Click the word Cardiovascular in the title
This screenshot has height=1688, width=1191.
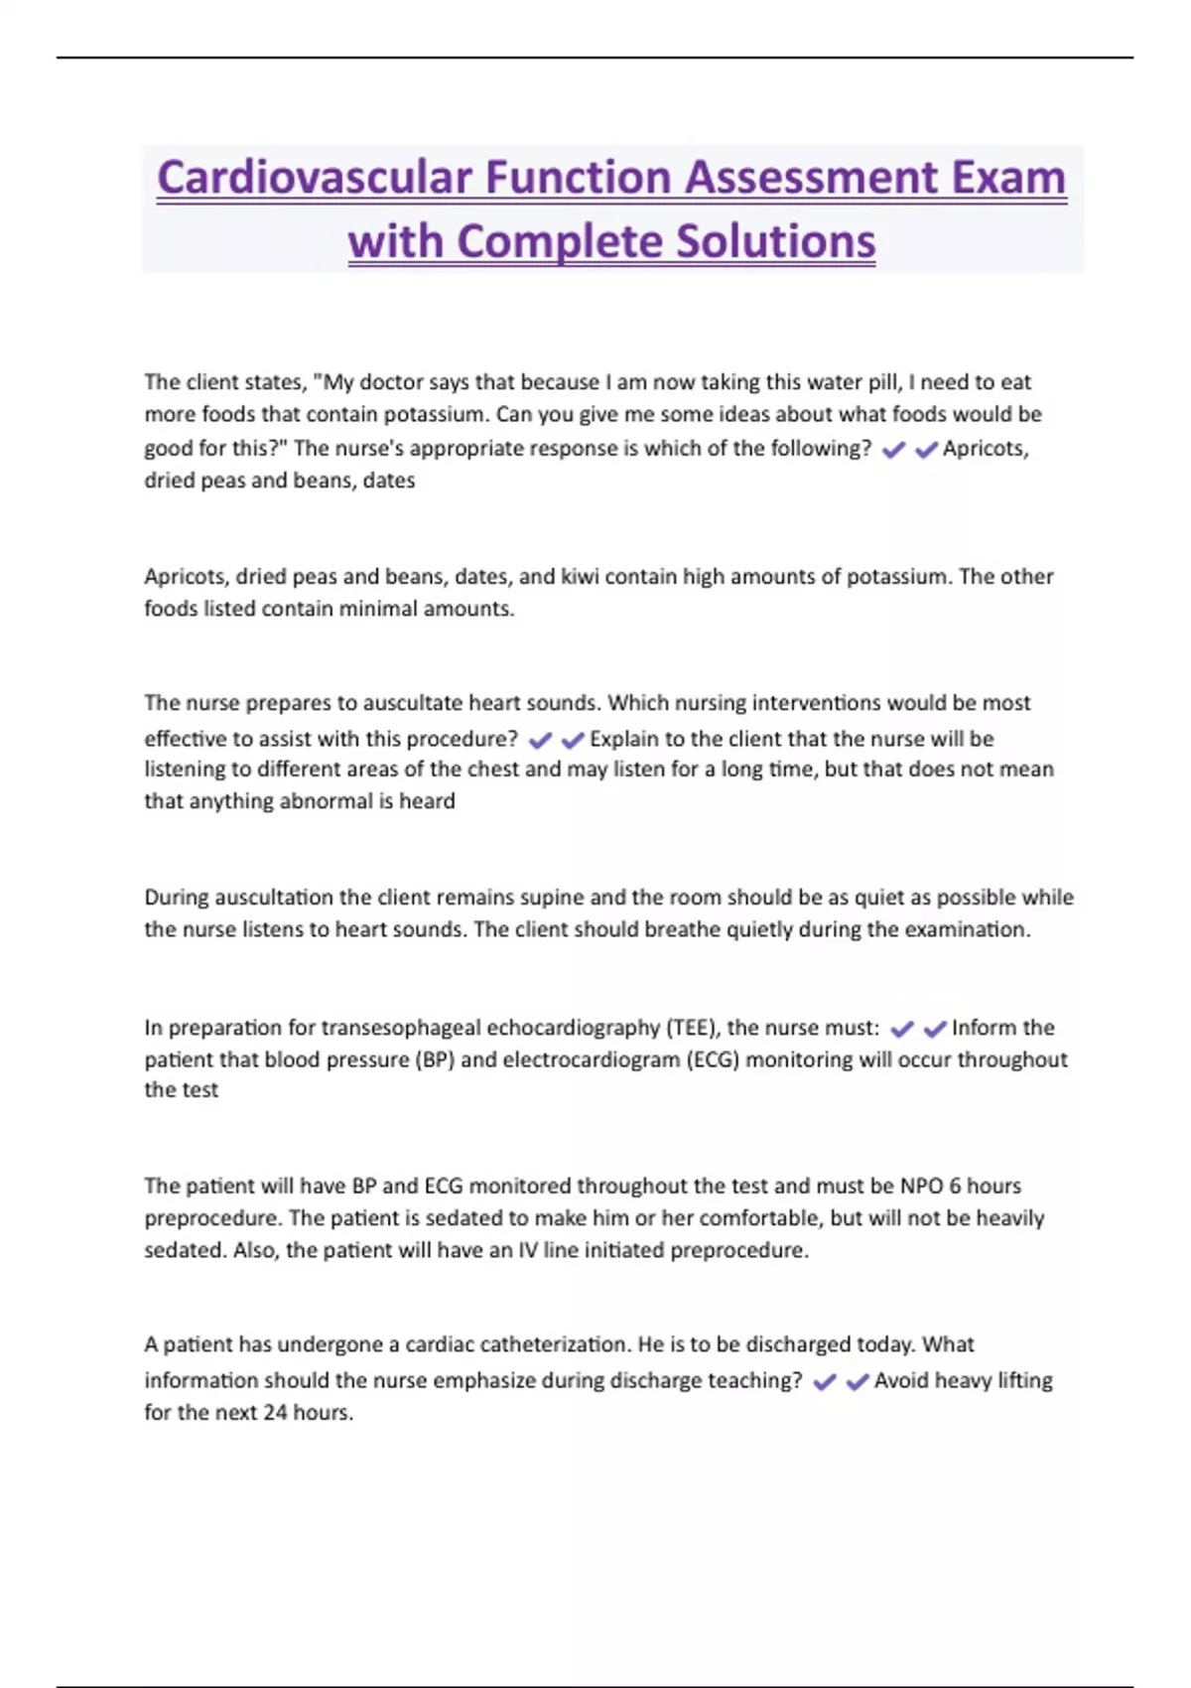pos(315,179)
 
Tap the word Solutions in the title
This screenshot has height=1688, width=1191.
pos(777,241)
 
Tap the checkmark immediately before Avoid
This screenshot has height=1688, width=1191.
pos(857,1382)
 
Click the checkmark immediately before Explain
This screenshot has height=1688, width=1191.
pos(573,741)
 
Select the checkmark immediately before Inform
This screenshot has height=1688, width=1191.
pos(935,1030)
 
